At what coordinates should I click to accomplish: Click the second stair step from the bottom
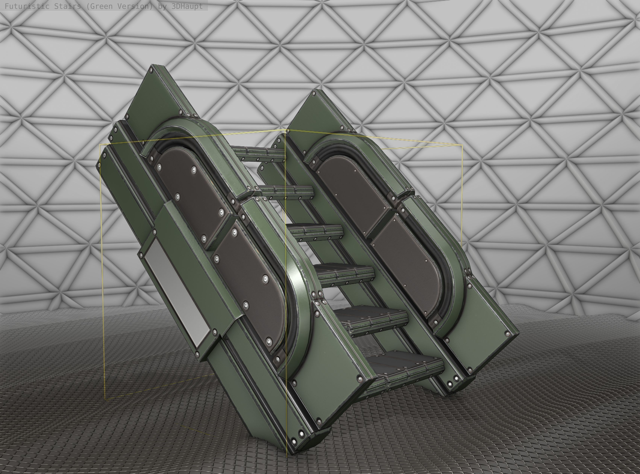(373, 316)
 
